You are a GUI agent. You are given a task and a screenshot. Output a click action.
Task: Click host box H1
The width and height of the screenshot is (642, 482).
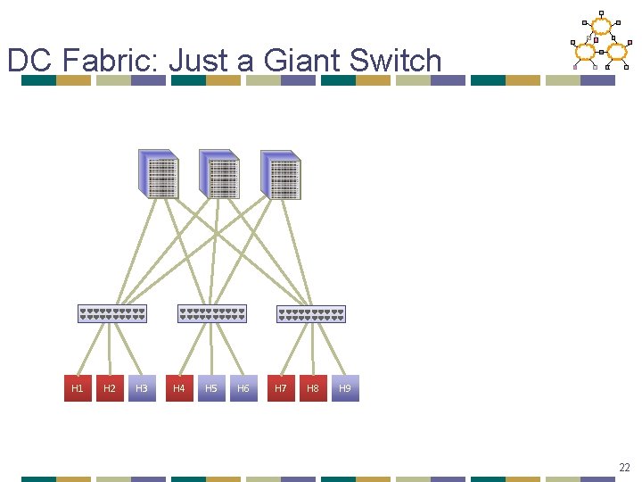coord(78,388)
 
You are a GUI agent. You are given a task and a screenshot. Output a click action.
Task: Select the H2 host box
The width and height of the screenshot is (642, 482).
coord(110,388)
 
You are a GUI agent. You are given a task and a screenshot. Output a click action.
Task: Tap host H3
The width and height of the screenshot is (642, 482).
coord(142,388)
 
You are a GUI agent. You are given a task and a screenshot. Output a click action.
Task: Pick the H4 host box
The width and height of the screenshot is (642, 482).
coord(179,388)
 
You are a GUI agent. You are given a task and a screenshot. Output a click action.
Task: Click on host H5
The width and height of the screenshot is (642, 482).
coord(211,388)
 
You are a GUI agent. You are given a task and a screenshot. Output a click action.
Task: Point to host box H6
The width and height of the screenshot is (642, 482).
coord(243,388)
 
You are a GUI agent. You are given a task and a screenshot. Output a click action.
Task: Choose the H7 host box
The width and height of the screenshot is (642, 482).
coord(281,388)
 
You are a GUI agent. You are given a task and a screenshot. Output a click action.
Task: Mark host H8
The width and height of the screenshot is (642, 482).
coord(313,388)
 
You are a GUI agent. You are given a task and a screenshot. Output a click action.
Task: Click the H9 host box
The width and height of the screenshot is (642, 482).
coord(345,388)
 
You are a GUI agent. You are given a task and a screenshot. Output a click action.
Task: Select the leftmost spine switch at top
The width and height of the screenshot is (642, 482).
coord(159,174)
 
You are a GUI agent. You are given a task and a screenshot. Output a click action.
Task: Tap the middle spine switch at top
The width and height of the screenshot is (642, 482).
coord(219,174)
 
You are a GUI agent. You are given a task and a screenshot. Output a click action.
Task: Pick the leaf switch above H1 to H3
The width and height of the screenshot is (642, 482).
coord(111,313)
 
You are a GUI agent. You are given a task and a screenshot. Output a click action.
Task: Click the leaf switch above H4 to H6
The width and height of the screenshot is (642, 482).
coord(212,313)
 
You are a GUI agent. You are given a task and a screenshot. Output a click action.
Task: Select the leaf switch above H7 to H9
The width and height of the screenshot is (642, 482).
coord(311,314)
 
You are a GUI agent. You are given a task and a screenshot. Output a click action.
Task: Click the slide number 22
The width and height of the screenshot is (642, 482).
coord(624,467)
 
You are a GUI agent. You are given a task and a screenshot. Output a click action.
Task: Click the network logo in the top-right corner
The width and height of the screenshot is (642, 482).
coord(599,41)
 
